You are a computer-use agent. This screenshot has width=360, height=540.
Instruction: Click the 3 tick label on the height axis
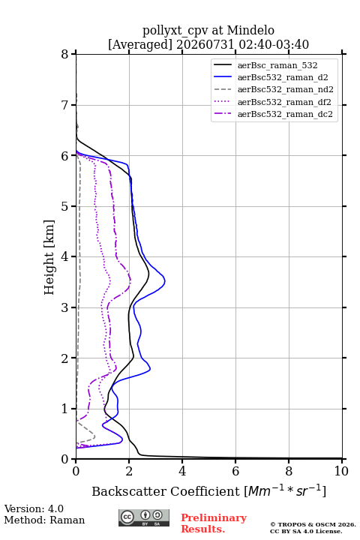64,307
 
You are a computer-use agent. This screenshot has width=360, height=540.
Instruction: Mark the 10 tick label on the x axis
341,471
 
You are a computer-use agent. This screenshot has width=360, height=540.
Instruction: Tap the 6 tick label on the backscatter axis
235,471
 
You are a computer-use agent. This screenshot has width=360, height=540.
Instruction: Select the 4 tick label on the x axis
182,471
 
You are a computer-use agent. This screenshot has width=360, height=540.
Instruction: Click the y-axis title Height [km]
49,257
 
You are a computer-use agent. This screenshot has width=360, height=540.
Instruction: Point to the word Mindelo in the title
250,30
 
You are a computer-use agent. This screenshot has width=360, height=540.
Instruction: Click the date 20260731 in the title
205,44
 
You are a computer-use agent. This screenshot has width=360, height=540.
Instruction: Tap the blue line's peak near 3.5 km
165,281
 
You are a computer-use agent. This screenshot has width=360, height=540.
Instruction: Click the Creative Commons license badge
144,518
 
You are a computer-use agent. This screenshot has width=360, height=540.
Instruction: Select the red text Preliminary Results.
214,523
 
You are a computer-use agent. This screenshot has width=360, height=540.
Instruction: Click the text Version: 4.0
34,508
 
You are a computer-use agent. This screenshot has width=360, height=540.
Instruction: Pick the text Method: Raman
44,520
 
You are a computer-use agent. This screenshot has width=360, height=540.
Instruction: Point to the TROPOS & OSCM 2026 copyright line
313,524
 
